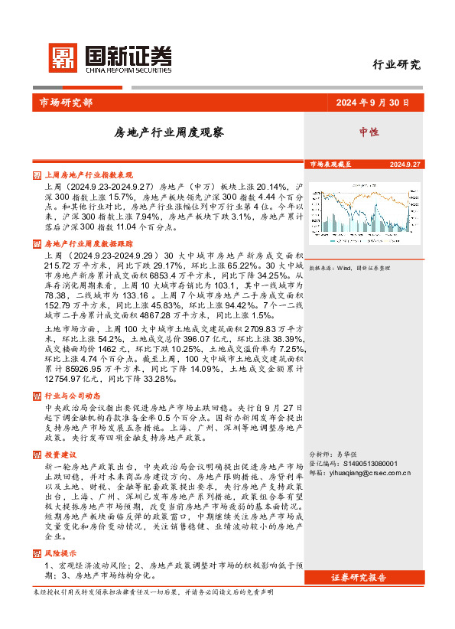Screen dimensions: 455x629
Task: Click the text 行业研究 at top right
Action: pyautogui.click(x=396, y=64)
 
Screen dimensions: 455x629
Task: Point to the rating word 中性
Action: pyautogui.click(x=369, y=132)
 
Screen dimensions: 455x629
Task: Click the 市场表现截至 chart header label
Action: pyautogui.click(x=330, y=165)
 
